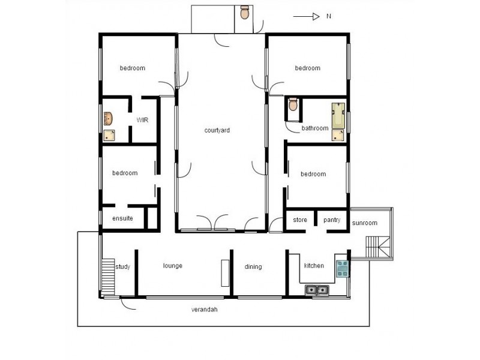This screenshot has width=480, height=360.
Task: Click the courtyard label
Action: (x=217, y=130)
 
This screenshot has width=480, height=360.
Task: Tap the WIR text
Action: (x=142, y=120)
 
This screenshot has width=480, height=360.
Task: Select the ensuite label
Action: (x=122, y=218)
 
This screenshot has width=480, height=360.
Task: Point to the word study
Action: (x=123, y=266)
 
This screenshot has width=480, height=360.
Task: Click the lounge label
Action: (x=172, y=266)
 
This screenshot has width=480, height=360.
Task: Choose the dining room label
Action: (x=253, y=267)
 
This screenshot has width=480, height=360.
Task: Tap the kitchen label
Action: (x=314, y=266)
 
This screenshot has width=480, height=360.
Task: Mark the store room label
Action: (x=300, y=220)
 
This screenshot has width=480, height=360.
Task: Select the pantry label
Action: (x=332, y=220)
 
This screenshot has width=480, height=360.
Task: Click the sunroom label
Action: (x=365, y=223)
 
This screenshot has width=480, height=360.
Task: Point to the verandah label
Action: (x=204, y=310)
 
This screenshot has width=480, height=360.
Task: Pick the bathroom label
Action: (x=315, y=128)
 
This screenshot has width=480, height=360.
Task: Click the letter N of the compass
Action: (x=329, y=17)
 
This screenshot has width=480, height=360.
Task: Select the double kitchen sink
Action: (x=317, y=290)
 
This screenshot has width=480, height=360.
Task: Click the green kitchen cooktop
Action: (x=342, y=268)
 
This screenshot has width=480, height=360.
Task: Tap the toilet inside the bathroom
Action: (x=293, y=106)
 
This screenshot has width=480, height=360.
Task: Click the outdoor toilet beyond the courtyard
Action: (x=244, y=13)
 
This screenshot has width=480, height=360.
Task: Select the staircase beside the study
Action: (x=108, y=275)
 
